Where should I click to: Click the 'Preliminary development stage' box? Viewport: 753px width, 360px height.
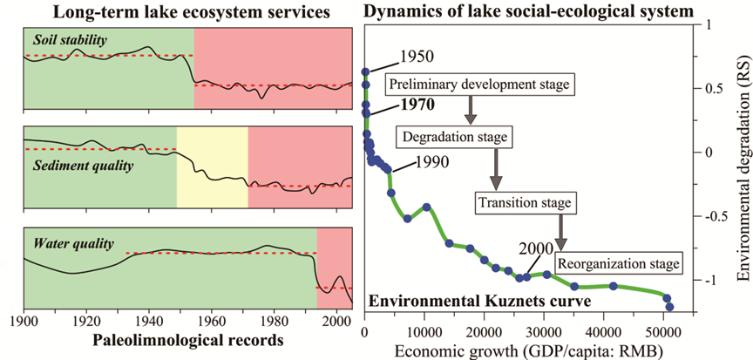478,85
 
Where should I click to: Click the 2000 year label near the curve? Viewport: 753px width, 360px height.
534,248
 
